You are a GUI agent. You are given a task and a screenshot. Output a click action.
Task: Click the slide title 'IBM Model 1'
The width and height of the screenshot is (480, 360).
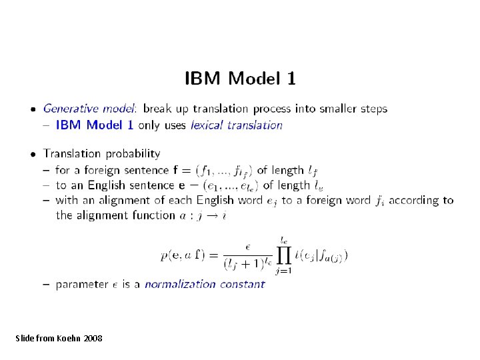[x=240, y=79]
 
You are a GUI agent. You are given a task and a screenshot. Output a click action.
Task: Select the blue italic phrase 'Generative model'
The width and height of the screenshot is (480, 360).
[x=89, y=108]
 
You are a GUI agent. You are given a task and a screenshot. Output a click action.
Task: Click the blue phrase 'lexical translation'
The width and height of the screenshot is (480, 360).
[x=237, y=125]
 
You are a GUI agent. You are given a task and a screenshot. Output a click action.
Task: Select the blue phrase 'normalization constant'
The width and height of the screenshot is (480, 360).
[x=205, y=284]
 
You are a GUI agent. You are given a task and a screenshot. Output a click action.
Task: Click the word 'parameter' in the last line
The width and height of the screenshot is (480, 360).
[x=81, y=285]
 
